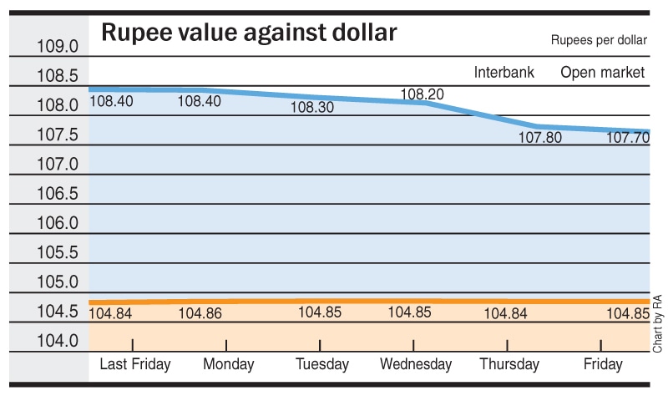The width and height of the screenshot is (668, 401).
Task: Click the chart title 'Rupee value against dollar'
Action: click(x=249, y=34)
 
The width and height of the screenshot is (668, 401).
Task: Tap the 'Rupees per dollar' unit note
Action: click(x=598, y=40)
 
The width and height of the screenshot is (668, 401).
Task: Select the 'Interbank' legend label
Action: click(x=504, y=73)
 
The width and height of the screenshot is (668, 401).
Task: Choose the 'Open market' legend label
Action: click(x=603, y=73)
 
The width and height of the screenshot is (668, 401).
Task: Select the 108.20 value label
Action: click(x=423, y=94)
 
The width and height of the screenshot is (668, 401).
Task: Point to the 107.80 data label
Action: click(x=540, y=138)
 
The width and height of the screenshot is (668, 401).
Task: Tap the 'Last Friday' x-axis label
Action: click(x=134, y=364)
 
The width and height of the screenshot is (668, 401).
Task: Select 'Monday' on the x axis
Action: click(x=229, y=364)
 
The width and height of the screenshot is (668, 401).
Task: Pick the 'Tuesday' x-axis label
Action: click(x=322, y=364)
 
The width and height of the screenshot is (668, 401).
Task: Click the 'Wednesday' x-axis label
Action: click(x=416, y=364)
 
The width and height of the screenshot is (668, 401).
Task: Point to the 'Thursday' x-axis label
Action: click(x=509, y=364)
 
